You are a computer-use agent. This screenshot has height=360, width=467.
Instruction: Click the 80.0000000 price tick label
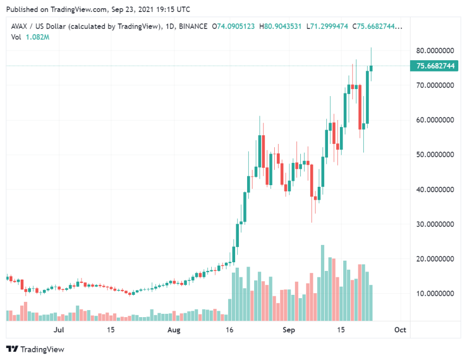(x=435, y=50)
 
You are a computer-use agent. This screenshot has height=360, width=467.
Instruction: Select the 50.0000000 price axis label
(x=435, y=155)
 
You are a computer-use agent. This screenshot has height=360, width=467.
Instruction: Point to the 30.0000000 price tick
(x=435, y=224)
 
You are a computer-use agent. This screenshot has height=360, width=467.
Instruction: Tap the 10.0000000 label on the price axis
(x=435, y=294)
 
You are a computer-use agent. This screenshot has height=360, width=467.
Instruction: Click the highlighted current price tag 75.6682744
(x=435, y=66)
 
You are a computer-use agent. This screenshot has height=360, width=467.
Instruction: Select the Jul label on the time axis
(x=59, y=330)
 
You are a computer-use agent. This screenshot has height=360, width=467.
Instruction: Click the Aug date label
(x=174, y=330)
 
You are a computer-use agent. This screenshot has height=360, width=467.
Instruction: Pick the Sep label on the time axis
(x=289, y=330)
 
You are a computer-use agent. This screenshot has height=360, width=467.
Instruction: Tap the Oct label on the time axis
(x=400, y=330)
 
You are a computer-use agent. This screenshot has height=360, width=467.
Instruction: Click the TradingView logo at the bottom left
(x=35, y=349)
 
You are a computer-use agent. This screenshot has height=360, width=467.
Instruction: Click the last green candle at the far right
(x=371, y=68)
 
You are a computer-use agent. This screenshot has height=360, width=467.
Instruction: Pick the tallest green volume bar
(x=323, y=282)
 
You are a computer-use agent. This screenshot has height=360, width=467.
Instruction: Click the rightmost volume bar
(x=371, y=302)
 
